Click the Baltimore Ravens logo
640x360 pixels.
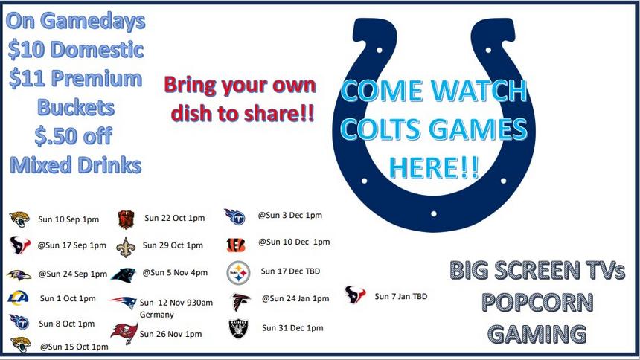click(x=19, y=274)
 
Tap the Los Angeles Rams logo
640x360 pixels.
click(x=19, y=298)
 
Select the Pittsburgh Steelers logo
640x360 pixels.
click(x=238, y=272)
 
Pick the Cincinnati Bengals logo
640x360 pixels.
click(x=236, y=245)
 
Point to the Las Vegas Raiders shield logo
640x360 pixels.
click(x=238, y=329)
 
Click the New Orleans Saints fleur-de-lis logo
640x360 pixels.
click(x=125, y=247)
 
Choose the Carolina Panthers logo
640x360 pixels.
click(x=124, y=275)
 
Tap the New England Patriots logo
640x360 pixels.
click(x=123, y=302)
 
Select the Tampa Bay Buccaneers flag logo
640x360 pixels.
click(x=124, y=333)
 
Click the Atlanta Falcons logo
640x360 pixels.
click(x=240, y=301)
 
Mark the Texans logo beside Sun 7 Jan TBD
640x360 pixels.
click(x=355, y=295)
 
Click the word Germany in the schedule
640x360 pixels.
click(x=157, y=315)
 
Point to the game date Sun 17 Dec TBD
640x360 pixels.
click(x=290, y=271)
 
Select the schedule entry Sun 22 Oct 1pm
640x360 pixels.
click(x=174, y=218)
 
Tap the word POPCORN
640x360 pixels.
click(x=537, y=303)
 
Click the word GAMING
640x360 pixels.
click(x=537, y=334)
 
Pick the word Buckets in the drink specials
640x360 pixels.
click(x=76, y=107)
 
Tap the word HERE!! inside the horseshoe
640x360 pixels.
click(x=433, y=168)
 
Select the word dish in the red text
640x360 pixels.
click(x=192, y=113)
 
